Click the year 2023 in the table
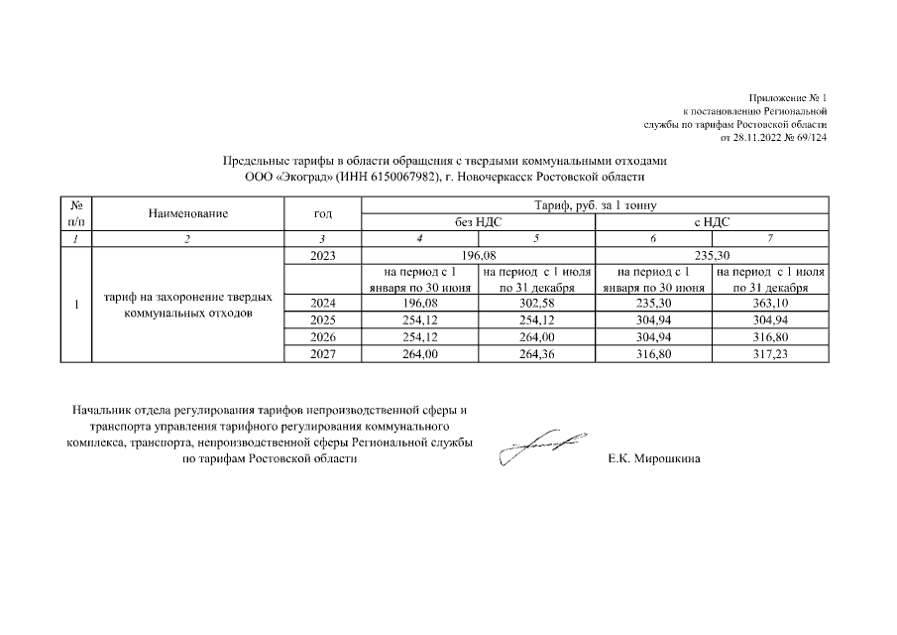tap(323, 256)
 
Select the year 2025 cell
tap(323, 320)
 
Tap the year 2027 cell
tap(323, 354)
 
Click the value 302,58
tap(537, 304)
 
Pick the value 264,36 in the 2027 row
tap(537, 354)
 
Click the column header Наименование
tap(188, 213)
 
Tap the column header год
tap(323, 213)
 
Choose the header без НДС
tap(479, 222)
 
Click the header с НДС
tap(712, 222)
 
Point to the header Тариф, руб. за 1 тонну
tap(596, 205)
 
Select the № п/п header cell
tap(76, 213)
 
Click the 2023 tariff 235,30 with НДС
tap(712, 256)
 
